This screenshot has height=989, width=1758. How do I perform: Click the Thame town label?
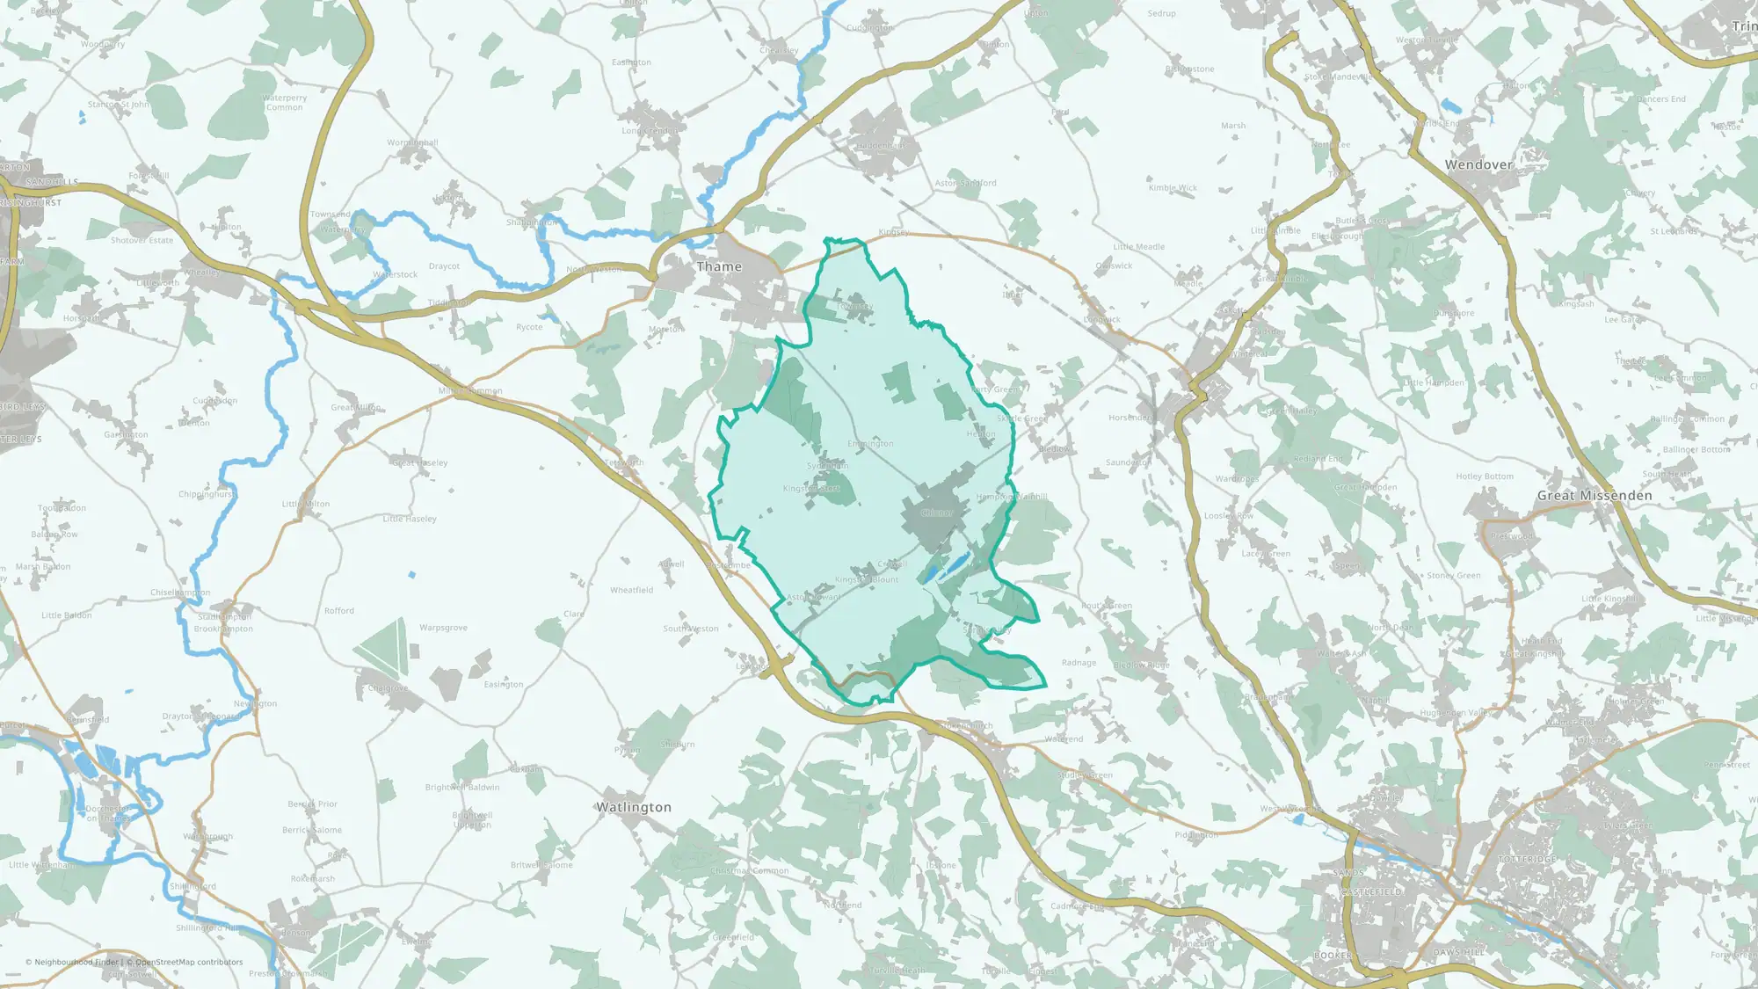click(x=719, y=266)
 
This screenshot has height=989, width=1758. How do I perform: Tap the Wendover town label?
click(x=1478, y=164)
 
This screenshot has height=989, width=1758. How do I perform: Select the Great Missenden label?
click(x=1594, y=496)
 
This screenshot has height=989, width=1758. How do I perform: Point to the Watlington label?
click(x=633, y=807)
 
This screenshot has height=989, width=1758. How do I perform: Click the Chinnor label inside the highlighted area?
click(x=937, y=513)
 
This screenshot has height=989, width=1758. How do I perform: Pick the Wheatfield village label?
click(x=631, y=590)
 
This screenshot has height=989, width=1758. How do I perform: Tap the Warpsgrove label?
click(x=443, y=628)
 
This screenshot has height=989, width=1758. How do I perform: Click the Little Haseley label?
click(x=410, y=519)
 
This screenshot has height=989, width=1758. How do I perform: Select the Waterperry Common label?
click(x=284, y=103)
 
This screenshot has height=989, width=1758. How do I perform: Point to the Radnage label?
click(x=1079, y=663)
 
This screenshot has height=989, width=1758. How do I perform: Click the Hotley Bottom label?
click(x=1485, y=476)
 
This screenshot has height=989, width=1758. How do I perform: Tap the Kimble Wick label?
click(x=1173, y=188)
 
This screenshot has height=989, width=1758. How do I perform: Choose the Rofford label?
click(x=339, y=610)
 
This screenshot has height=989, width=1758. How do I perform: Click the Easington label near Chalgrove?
click(x=504, y=684)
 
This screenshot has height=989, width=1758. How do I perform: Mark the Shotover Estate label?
click(x=142, y=240)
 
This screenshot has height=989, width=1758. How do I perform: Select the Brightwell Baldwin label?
click(x=462, y=787)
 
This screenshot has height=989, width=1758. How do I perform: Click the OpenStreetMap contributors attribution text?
click(x=188, y=962)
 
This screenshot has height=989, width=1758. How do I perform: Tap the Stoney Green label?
click(x=1453, y=576)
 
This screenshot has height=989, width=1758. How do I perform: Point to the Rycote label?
click(x=529, y=327)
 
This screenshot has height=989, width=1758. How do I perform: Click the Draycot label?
click(x=444, y=266)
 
